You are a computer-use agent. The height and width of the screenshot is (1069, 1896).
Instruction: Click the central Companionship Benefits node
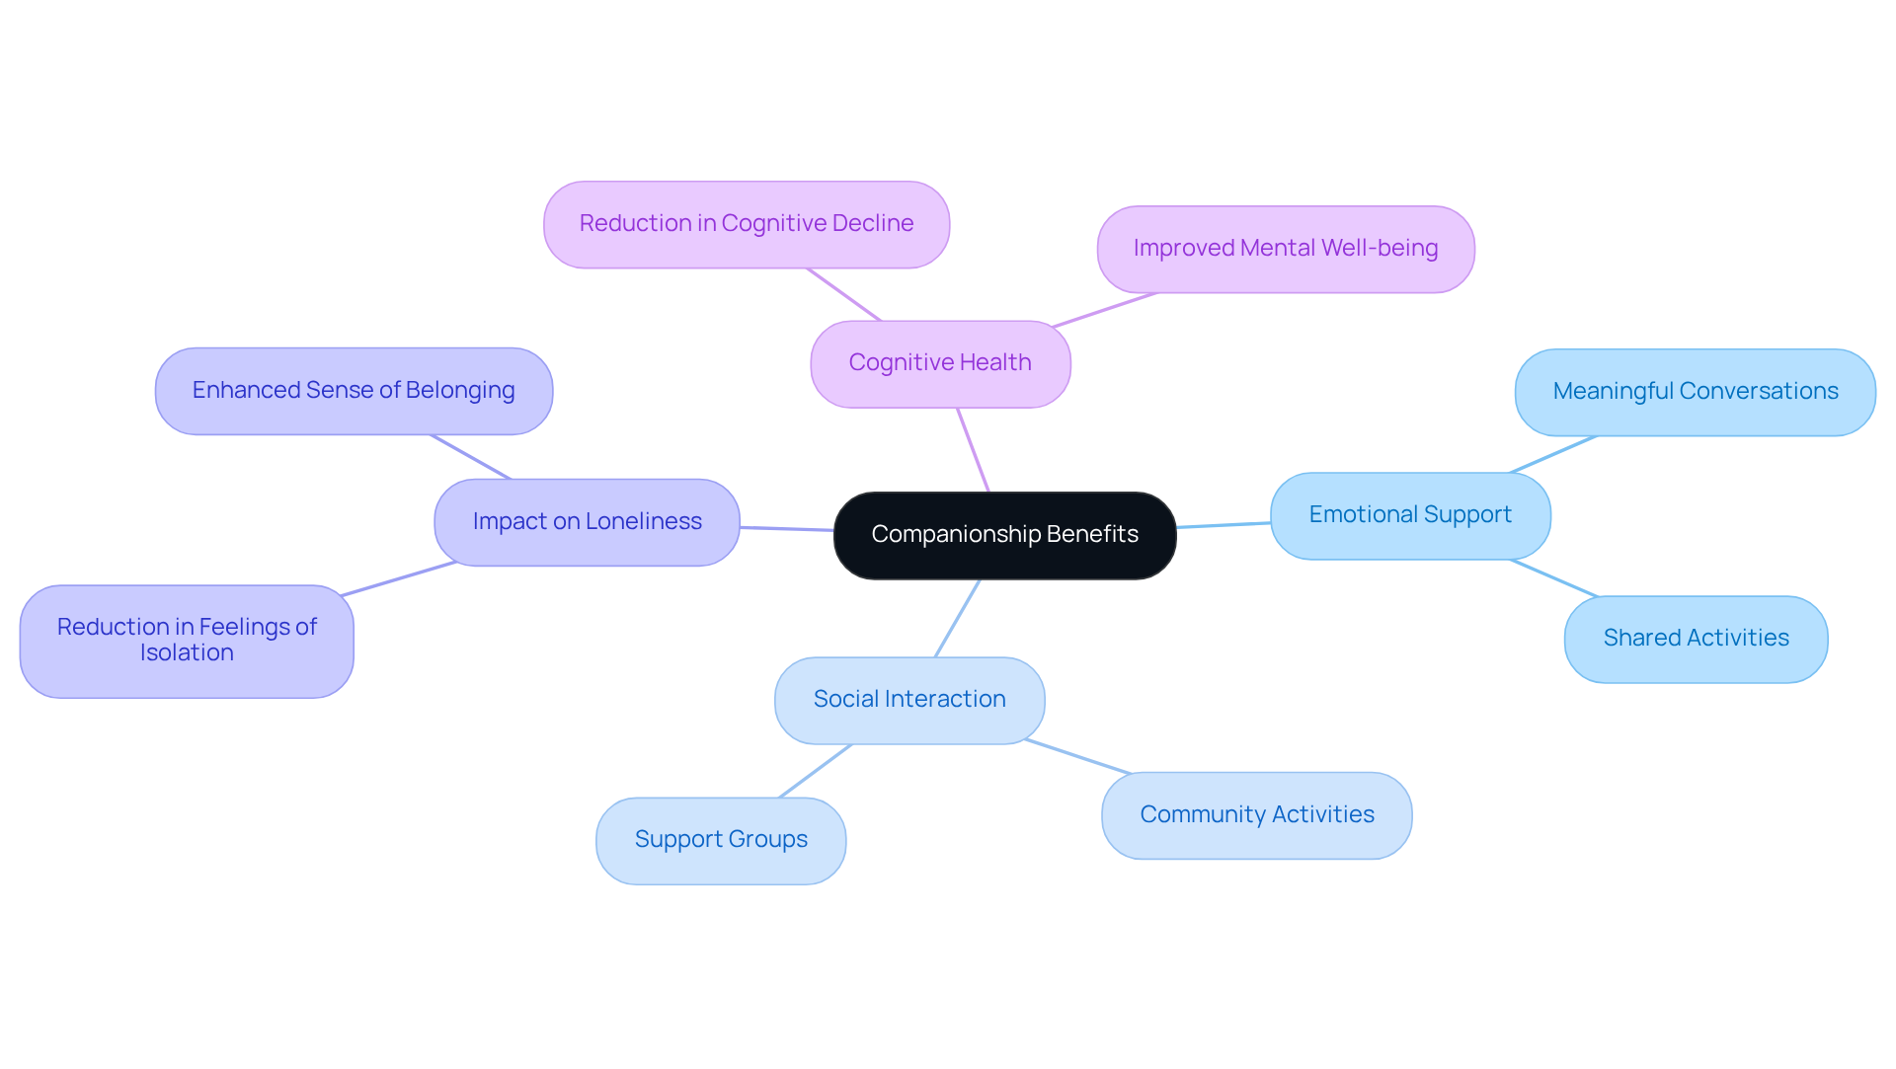(x=1004, y=535)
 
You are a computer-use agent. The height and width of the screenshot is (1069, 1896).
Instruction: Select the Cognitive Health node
(x=940, y=363)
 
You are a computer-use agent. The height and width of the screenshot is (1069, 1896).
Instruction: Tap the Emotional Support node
(x=1410, y=515)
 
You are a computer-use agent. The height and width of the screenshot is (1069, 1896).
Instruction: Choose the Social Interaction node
(x=909, y=700)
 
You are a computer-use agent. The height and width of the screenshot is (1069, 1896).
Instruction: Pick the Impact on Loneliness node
(x=587, y=522)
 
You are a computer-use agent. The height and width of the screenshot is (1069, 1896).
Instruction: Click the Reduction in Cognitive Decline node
(x=747, y=224)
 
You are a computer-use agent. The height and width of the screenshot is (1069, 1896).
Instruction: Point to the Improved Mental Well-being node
(x=1285, y=249)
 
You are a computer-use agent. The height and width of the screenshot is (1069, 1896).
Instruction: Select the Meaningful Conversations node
(x=1695, y=392)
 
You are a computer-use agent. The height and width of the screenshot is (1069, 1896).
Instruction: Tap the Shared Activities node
(x=1696, y=639)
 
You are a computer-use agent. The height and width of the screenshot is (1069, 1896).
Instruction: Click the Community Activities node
(x=1256, y=815)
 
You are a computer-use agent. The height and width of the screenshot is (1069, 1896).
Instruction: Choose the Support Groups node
(x=721, y=840)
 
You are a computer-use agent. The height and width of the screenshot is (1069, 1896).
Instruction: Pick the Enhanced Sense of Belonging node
(x=354, y=391)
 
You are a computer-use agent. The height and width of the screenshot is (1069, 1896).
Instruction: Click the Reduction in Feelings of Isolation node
(x=187, y=641)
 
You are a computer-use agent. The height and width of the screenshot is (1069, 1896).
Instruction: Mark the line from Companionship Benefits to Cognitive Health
(x=973, y=450)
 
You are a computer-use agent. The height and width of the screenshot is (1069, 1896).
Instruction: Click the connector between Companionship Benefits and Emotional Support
(x=1224, y=525)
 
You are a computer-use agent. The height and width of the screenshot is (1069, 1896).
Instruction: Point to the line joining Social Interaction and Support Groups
(x=815, y=772)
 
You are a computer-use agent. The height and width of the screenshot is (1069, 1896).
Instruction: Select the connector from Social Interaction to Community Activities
(x=1077, y=756)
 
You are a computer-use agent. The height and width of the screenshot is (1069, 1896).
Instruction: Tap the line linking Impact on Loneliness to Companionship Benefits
(x=787, y=529)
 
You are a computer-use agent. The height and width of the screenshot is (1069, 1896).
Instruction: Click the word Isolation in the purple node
(x=187, y=653)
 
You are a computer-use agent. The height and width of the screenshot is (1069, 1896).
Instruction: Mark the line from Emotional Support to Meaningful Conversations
(x=1553, y=454)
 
